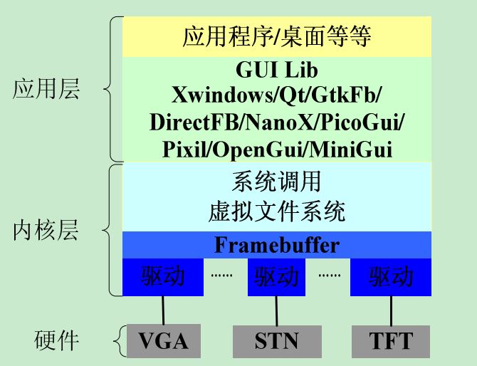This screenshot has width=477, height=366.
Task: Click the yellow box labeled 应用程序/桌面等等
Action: (x=277, y=35)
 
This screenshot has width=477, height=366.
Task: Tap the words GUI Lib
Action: (x=277, y=71)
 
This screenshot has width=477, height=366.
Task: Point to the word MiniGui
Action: (x=354, y=150)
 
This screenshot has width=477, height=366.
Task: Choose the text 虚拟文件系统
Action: (x=277, y=211)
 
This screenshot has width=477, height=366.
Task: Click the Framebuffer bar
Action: (x=277, y=246)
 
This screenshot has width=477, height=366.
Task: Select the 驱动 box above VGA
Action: (x=162, y=276)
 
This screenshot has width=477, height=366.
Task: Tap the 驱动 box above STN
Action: (x=277, y=276)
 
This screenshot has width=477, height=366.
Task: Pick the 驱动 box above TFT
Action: (x=391, y=276)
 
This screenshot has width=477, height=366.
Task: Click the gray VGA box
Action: (x=162, y=341)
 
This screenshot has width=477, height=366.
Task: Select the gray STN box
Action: (x=277, y=341)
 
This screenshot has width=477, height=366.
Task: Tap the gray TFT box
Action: (x=391, y=341)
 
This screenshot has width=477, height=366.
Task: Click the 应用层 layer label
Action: (x=47, y=90)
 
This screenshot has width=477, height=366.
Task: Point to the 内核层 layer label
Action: (x=47, y=231)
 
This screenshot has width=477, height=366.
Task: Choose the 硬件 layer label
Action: (x=57, y=341)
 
